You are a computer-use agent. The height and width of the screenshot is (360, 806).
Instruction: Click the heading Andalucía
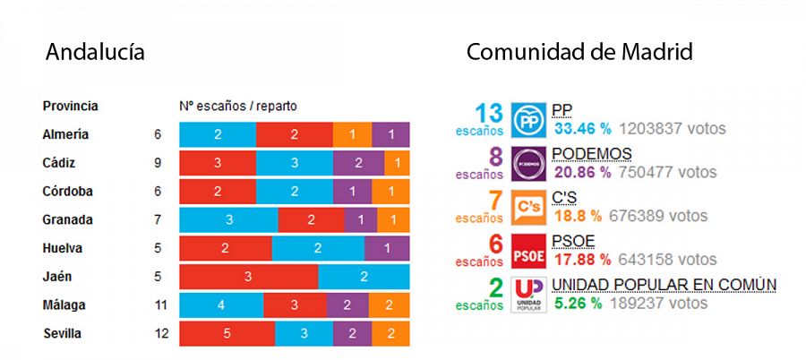click(95, 53)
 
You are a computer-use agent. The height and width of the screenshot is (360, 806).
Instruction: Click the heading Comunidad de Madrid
click(579, 53)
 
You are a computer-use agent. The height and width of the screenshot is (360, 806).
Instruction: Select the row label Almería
click(65, 134)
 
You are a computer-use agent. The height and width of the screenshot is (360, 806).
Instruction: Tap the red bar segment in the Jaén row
click(249, 277)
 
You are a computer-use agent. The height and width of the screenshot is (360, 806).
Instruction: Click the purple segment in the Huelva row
click(387, 248)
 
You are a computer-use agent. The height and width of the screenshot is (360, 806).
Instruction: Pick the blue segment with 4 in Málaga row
click(221, 305)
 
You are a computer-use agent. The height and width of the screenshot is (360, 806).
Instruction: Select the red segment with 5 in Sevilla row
click(227, 334)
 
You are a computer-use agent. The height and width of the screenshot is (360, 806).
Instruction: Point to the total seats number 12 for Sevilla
click(160, 334)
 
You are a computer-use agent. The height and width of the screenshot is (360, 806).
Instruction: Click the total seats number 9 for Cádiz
click(158, 163)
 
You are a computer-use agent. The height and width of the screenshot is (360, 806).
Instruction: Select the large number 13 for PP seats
click(489, 113)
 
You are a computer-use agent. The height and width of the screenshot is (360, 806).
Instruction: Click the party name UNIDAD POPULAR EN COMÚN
click(664, 285)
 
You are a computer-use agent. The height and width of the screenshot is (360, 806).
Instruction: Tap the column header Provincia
click(71, 106)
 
